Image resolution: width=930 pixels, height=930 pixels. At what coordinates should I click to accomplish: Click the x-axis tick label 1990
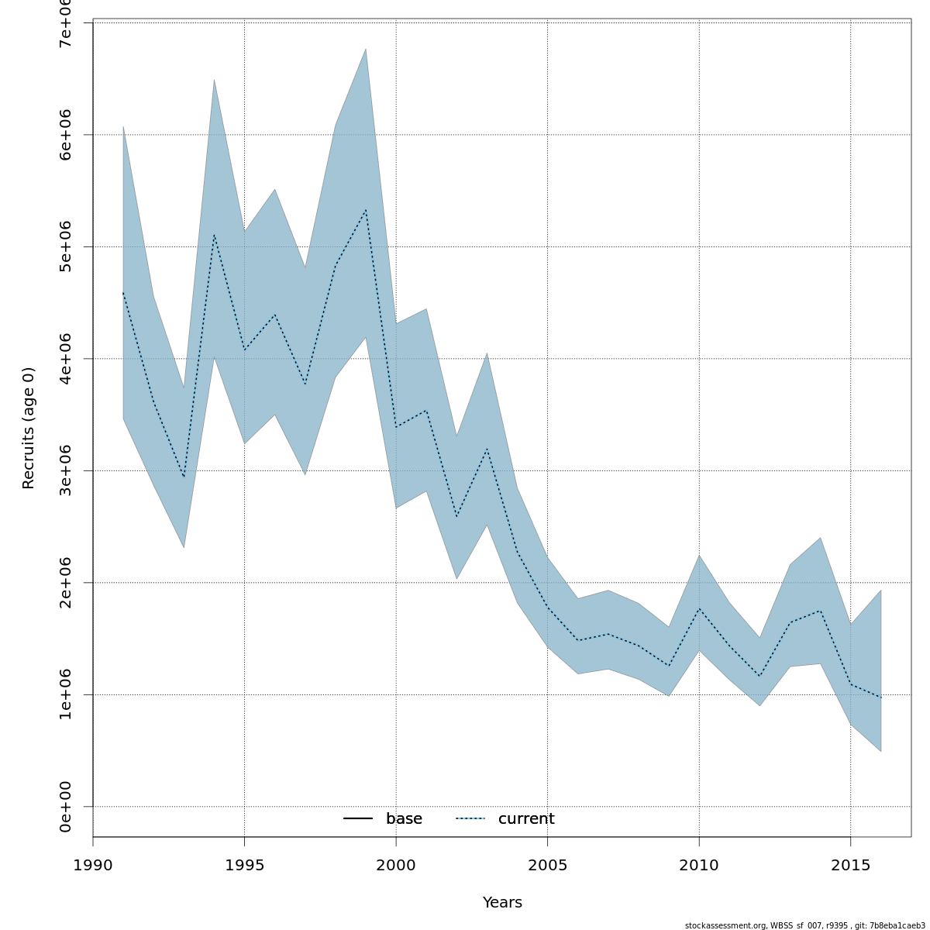point(93,864)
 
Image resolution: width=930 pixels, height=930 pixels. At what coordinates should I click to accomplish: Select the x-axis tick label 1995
point(244,864)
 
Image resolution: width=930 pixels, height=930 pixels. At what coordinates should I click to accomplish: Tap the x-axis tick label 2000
point(396,864)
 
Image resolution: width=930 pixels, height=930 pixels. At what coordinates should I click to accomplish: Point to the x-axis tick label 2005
point(547,864)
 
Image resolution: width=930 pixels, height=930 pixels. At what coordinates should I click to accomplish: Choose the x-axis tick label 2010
point(699,864)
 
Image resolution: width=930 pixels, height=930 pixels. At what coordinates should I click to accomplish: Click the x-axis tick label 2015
point(851,864)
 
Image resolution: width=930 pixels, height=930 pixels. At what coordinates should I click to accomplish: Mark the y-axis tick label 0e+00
point(66,807)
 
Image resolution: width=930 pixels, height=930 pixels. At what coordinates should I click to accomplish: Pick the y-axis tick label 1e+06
point(66,694)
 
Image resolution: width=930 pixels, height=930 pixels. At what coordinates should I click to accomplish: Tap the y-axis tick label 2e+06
point(66,583)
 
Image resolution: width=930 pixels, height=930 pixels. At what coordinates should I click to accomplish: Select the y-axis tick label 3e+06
point(66,470)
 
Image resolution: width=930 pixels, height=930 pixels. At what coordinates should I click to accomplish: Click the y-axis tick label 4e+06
point(66,358)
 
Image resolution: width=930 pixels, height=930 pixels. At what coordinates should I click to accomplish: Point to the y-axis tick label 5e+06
point(66,246)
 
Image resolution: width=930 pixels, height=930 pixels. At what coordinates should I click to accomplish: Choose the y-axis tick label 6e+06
point(66,134)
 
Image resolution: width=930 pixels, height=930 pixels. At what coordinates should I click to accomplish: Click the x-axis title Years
point(502,903)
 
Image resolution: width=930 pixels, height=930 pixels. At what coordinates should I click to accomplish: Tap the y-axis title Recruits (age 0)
point(29,428)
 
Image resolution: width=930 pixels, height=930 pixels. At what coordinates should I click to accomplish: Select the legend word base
point(404,819)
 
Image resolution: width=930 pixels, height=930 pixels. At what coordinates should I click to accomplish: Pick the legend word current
point(526,819)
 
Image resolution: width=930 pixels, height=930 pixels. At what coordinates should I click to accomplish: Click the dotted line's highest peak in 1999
point(366,209)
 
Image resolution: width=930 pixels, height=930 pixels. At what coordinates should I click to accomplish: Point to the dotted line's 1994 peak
point(214,235)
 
